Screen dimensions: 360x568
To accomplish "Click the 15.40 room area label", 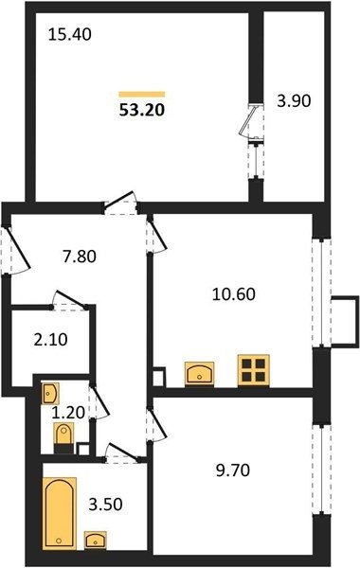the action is [x=69, y=35].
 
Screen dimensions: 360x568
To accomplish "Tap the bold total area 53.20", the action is [x=142, y=110].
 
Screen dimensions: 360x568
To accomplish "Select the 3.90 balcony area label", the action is [x=294, y=101].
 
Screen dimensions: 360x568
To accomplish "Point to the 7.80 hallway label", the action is [x=80, y=257].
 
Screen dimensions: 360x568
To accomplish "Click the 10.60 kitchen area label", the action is [x=234, y=293].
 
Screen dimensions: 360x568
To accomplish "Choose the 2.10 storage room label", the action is [x=51, y=340].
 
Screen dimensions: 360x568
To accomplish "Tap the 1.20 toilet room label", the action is [x=68, y=412].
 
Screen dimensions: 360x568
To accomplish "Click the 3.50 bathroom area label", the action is [x=106, y=504].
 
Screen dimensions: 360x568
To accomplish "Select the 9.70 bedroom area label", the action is [x=233, y=470].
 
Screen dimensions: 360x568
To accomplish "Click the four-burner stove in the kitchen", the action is [x=253, y=370].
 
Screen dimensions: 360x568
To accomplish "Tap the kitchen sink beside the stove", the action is [x=199, y=374].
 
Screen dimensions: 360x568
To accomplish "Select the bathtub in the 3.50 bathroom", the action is [x=60, y=513].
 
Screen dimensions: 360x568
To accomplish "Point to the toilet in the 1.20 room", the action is [x=63, y=438].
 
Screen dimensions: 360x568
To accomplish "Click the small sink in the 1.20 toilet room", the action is [x=49, y=393].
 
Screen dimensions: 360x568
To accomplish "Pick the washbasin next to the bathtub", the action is [x=96, y=540].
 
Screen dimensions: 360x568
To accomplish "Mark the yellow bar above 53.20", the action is [x=142, y=95].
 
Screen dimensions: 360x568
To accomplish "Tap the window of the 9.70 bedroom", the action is [x=322, y=469].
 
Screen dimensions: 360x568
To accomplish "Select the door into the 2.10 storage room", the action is [x=69, y=301].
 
